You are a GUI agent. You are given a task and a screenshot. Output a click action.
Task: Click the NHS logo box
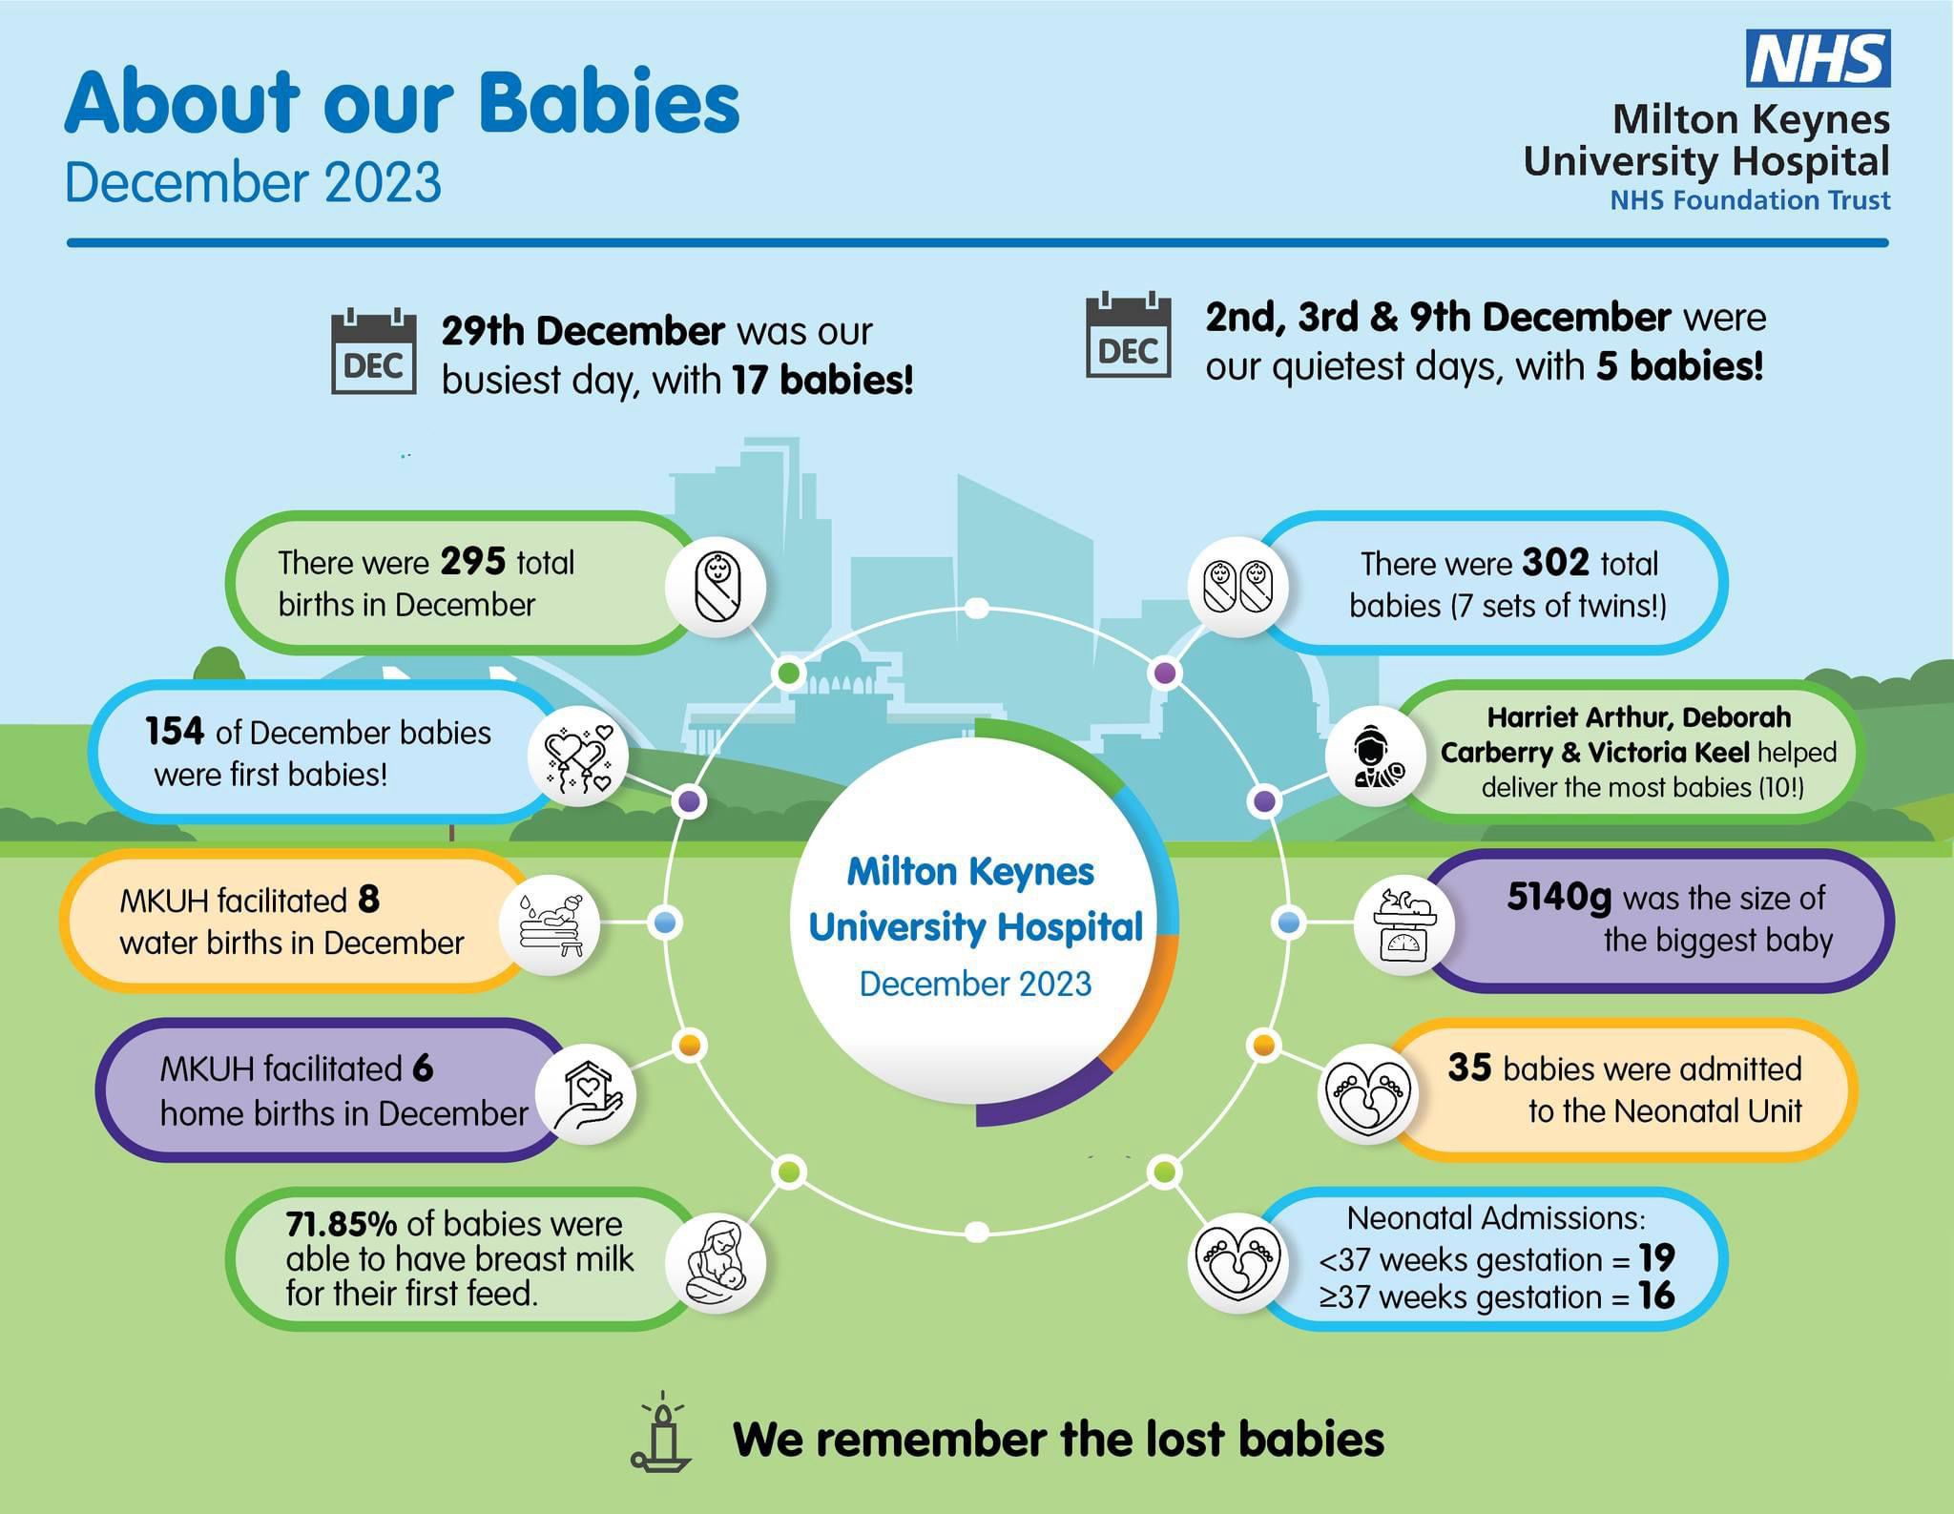coord(1818,58)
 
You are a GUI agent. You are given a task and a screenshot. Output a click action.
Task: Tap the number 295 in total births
coord(472,562)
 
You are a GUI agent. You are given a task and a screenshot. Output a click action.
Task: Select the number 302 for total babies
coord(1555,563)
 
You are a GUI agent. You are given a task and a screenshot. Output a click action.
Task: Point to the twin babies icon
coord(1237,587)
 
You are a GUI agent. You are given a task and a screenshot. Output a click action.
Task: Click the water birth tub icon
coord(551,924)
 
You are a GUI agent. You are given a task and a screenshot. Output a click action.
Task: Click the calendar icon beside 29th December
coord(373,351)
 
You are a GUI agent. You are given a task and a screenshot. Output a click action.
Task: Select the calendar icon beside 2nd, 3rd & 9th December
coord(1129,335)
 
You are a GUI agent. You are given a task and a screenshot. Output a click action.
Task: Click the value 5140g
coord(1559,898)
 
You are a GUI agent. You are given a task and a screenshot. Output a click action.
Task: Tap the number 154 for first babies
coord(175,732)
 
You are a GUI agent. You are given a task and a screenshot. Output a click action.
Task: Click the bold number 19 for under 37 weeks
coord(1657,1258)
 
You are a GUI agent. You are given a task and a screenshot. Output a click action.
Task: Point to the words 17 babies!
coord(822,380)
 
